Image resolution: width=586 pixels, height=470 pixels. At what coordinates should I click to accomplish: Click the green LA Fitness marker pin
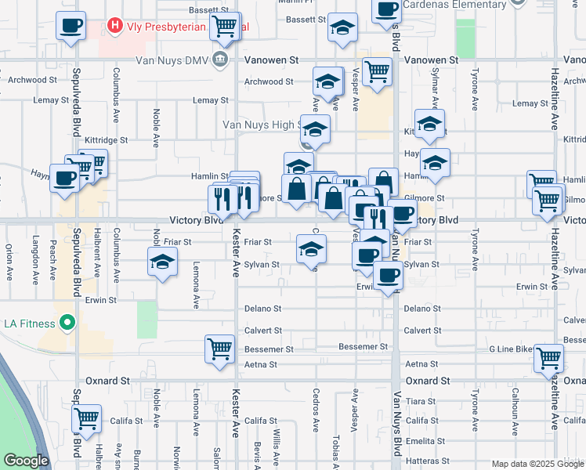click(67, 323)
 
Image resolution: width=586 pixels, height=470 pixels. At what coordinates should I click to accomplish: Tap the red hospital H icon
click(116, 26)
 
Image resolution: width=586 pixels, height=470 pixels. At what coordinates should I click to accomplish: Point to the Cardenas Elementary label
click(462, 5)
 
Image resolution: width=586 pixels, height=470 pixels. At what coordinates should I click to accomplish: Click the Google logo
click(26, 461)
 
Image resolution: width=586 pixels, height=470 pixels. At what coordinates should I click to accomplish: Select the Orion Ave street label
click(9, 262)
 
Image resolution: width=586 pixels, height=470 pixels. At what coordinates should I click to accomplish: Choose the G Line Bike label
click(521, 347)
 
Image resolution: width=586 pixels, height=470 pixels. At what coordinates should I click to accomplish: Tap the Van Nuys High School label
click(262, 125)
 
